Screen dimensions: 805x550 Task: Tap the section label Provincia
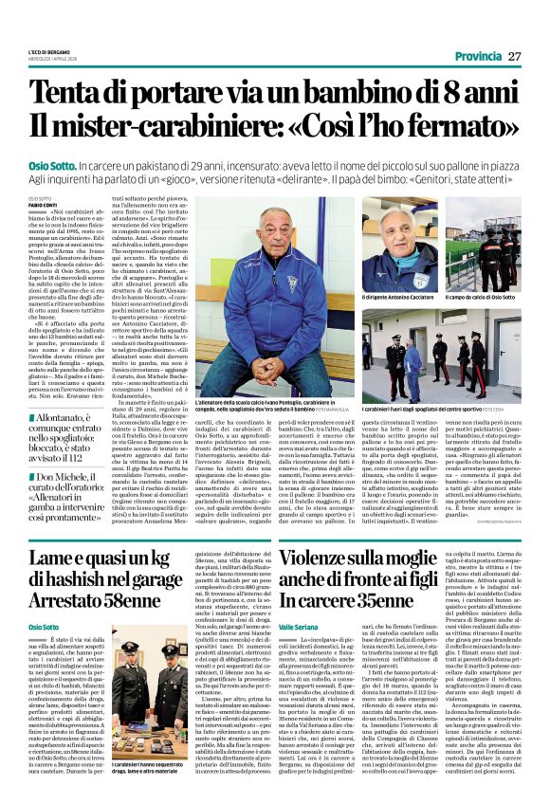469,56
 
